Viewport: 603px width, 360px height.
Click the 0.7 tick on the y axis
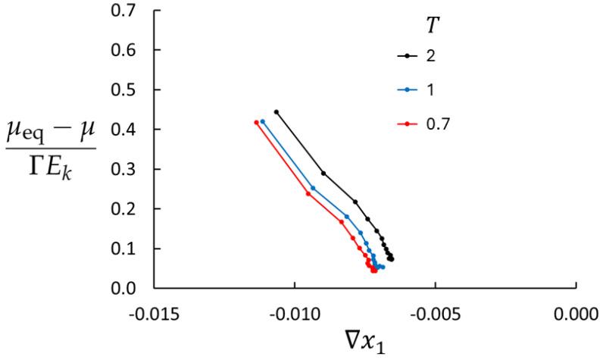(136, 11)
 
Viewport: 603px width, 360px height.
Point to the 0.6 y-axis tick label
(136, 50)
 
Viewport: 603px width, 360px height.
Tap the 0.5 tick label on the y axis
(136, 89)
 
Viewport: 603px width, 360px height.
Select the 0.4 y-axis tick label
(136, 130)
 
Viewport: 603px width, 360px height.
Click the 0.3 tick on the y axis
(136, 169)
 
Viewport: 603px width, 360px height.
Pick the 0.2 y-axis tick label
(136, 208)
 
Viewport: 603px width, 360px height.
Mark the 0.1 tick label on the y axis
(136, 249)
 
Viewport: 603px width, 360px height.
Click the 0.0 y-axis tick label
(136, 288)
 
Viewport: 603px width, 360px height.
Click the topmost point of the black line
(277, 112)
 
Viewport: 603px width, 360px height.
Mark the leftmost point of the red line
(256, 122)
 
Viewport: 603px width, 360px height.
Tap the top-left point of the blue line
(263, 121)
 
